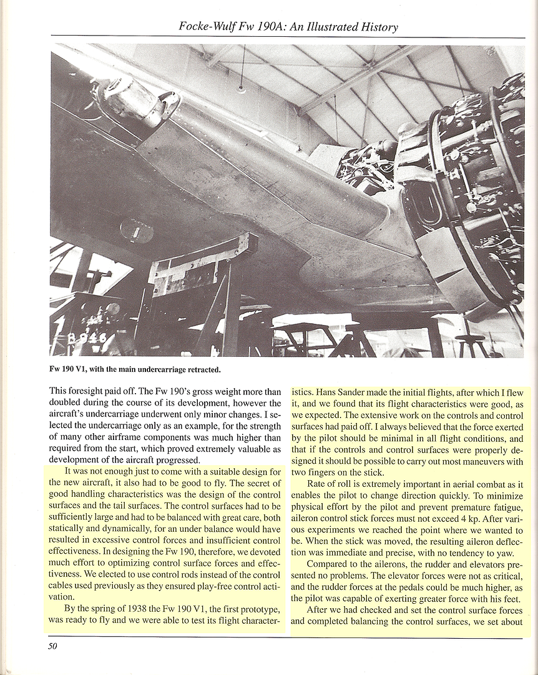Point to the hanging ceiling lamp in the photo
(241, 88)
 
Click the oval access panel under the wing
(137, 231)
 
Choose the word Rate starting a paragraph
(319, 484)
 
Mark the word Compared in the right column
(331, 566)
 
